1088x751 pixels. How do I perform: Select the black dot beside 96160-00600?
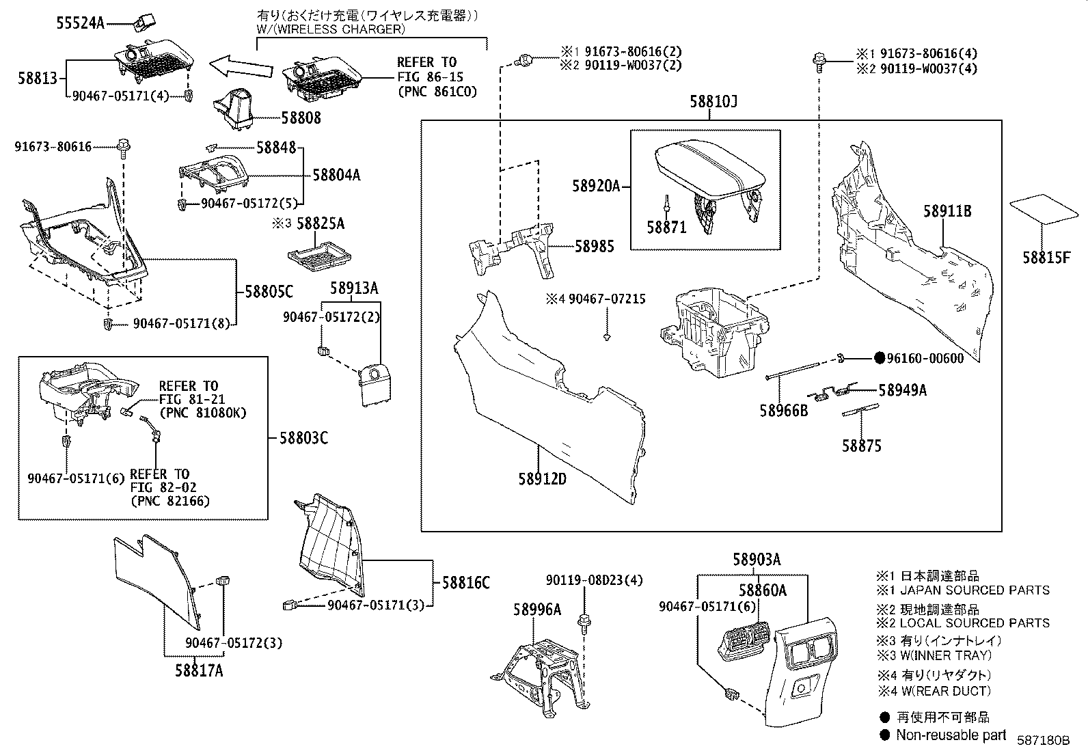click(880, 358)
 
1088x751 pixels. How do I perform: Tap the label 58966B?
click(783, 411)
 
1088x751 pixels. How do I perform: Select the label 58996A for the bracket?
click(537, 609)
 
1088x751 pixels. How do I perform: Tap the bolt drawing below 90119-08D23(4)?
click(584, 622)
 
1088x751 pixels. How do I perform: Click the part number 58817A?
click(199, 670)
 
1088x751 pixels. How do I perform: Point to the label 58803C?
click(303, 438)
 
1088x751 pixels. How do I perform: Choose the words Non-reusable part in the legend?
click(951, 735)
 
